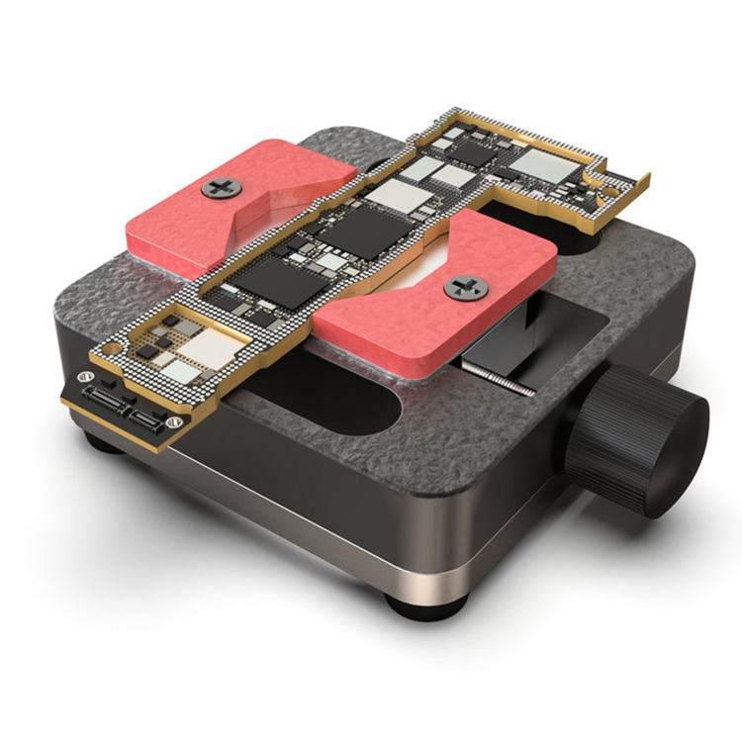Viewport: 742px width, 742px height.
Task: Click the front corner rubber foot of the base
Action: tap(415, 599)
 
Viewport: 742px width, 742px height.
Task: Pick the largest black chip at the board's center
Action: tap(365, 233)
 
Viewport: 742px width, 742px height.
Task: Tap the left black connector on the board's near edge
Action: tap(106, 398)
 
